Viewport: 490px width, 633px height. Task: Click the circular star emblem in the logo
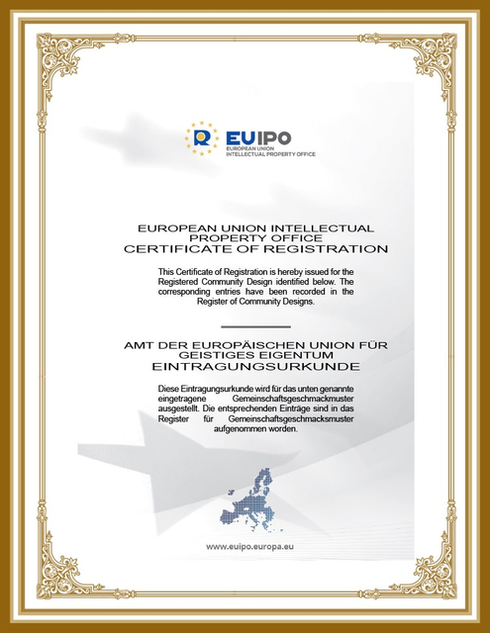[203, 137]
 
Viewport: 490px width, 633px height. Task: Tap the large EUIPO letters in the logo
[258, 137]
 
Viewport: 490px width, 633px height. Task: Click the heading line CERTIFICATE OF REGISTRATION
[256, 249]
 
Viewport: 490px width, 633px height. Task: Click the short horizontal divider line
[255, 325]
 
